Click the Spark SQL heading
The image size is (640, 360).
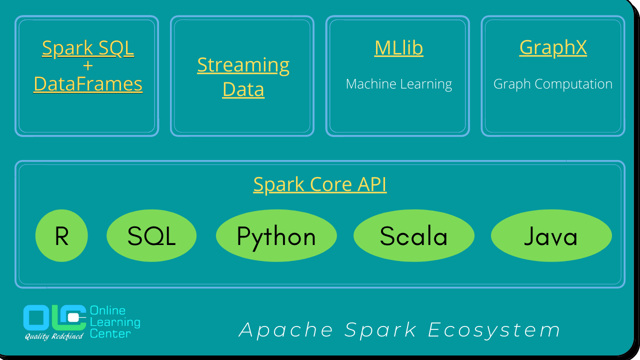(x=88, y=48)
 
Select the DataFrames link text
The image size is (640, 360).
(x=88, y=84)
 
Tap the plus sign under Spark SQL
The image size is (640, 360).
(x=88, y=65)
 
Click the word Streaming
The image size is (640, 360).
(x=243, y=65)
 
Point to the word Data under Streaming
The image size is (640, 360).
(x=243, y=89)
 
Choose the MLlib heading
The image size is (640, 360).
(x=398, y=48)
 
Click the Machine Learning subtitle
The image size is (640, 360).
(x=398, y=84)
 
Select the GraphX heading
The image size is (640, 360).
(x=553, y=48)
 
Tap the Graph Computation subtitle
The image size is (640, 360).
(x=553, y=84)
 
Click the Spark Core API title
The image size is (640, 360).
(x=320, y=184)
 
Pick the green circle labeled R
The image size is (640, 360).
(x=61, y=236)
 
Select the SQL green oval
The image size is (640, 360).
(x=151, y=236)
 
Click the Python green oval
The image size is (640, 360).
(x=276, y=236)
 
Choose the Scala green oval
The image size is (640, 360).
(x=413, y=236)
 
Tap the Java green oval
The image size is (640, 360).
(x=551, y=236)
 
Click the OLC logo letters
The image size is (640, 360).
(x=54, y=317)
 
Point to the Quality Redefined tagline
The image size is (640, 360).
(x=54, y=336)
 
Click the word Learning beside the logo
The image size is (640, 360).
(x=115, y=322)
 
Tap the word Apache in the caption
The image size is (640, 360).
(x=286, y=330)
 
